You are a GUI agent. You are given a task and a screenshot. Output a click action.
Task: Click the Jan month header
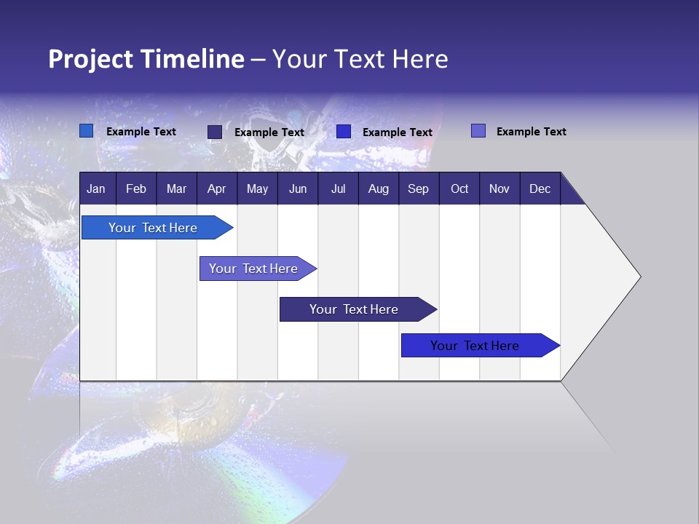(96, 189)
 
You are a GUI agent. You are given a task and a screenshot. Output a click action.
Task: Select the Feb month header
(136, 189)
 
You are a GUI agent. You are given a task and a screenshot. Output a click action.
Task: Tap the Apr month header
(216, 189)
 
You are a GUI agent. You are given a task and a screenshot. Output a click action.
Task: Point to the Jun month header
(298, 189)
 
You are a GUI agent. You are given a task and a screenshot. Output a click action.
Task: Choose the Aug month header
(379, 189)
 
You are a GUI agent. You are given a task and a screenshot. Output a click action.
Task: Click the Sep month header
(419, 189)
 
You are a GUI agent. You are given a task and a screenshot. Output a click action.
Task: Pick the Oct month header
(459, 189)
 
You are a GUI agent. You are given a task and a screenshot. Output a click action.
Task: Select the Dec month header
(540, 189)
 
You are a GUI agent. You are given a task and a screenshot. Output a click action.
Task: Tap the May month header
(257, 189)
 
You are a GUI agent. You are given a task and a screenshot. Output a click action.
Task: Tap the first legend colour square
(86, 131)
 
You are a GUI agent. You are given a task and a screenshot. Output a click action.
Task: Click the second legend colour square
(214, 132)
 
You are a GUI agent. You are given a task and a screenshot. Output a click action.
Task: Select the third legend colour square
(344, 132)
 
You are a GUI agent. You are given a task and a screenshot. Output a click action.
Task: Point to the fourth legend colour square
(478, 131)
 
